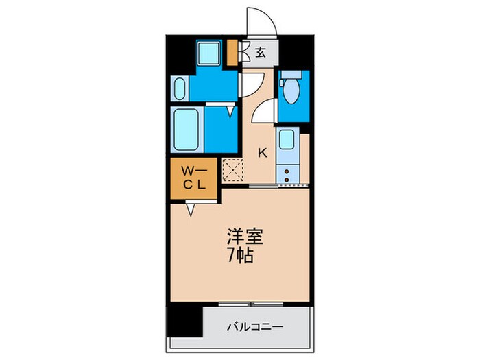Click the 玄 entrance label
pyautogui.click(x=261, y=51)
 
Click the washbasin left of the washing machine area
pyautogui.click(x=179, y=88)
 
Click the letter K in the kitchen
pyautogui.click(x=261, y=153)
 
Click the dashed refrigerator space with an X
pyautogui.click(x=231, y=170)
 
